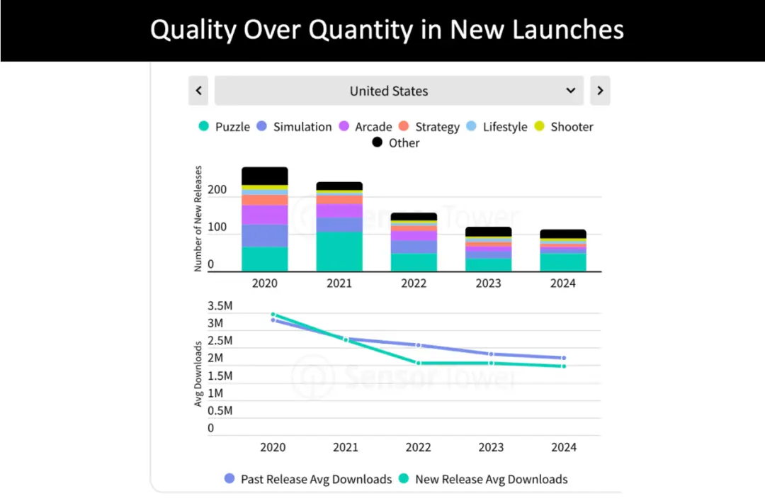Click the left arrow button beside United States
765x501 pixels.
click(198, 91)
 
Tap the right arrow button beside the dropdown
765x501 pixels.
click(600, 91)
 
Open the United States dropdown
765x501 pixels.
click(399, 91)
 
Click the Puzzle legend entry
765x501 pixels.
click(225, 127)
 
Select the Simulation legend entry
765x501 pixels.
click(294, 127)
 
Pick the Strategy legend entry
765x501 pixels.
click(429, 127)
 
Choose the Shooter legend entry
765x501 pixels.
click(563, 127)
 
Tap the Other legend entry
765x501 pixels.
click(396, 142)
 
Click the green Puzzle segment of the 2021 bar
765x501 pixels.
click(339, 252)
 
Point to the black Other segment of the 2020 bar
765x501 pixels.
click(265, 176)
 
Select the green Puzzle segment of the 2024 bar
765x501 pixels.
click(563, 262)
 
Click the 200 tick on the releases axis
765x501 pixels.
click(218, 190)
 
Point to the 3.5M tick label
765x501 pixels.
click(220, 306)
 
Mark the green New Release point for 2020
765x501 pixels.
click(273, 314)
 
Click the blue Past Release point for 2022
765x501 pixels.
click(419, 345)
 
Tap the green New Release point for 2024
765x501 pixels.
click(564, 366)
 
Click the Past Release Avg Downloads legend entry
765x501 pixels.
click(308, 479)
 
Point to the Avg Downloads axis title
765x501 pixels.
click(199, 373)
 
